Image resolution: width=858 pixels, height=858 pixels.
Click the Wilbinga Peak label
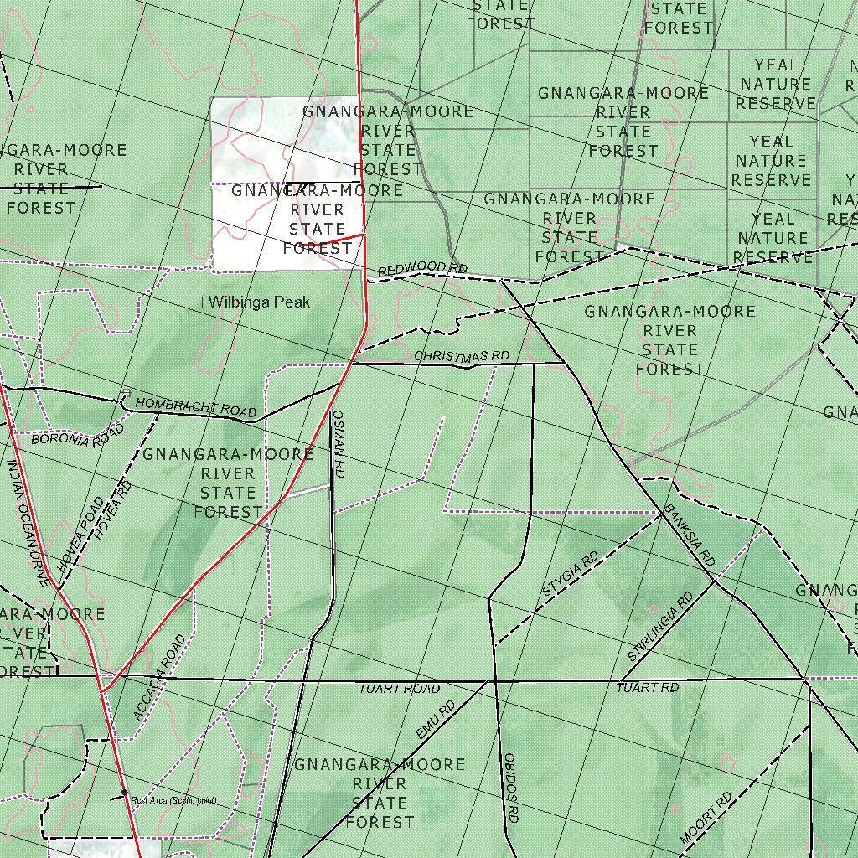pyautogui.click(x=260, y=302)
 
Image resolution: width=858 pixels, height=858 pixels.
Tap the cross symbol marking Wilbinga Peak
pyautogui.click(x=201, y=302)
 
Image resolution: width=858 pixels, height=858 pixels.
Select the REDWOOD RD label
pyautogui.click(x=422, y=269)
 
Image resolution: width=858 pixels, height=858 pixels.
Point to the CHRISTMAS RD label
pyautogui.click(x=462, y=357)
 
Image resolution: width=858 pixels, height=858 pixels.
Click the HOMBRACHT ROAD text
pyautogui.click(x=195, y=407)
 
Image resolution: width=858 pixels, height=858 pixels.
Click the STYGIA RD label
pyautogui.click(x=571, y=575)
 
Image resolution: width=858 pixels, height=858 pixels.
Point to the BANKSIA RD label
pyautogui.click(x=690, y=537)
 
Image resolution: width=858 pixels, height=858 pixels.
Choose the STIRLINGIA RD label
pyautogui.click(x=661, y=627)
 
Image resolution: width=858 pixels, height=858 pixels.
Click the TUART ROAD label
pyautogui.click(x=399, y=689)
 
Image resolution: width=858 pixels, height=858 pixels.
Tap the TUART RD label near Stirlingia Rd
pyautogui.click(x=648, y=688)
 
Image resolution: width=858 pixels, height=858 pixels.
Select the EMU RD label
pyautogui.click(x=435, y=720)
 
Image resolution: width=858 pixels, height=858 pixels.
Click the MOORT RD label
pyautogui.click(x=706, y=818)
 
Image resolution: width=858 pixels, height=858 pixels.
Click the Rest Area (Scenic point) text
pyautogui.click(x=173, y=801)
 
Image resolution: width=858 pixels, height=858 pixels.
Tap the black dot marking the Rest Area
pyautogui.click(x=124, y=792)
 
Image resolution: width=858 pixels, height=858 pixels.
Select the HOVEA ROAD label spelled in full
pyautogui.click(x=81, y=536)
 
